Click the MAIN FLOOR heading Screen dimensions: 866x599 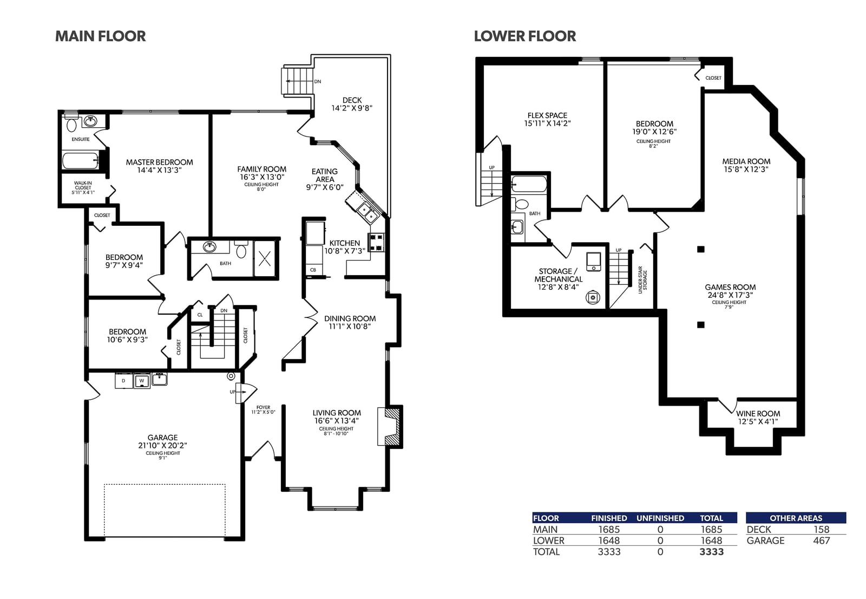101,36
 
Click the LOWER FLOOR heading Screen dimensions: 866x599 524,36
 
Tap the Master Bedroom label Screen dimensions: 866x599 159,162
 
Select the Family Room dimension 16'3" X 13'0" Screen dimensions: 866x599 262,177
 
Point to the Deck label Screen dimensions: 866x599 352,100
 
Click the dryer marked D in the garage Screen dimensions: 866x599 124,380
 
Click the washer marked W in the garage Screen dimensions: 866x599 142,380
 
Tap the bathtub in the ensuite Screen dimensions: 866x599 81,161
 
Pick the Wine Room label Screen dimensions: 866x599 758,414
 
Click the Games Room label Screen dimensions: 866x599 730,287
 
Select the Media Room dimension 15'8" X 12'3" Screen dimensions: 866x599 746,169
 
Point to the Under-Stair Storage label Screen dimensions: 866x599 642,280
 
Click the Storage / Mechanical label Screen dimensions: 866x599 558,275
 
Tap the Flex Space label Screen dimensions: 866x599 547,115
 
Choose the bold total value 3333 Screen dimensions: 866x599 711,552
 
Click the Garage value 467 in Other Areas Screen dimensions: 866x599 821,541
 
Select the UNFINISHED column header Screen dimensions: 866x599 660,518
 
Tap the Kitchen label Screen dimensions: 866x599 344,243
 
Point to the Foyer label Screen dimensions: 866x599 263,407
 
